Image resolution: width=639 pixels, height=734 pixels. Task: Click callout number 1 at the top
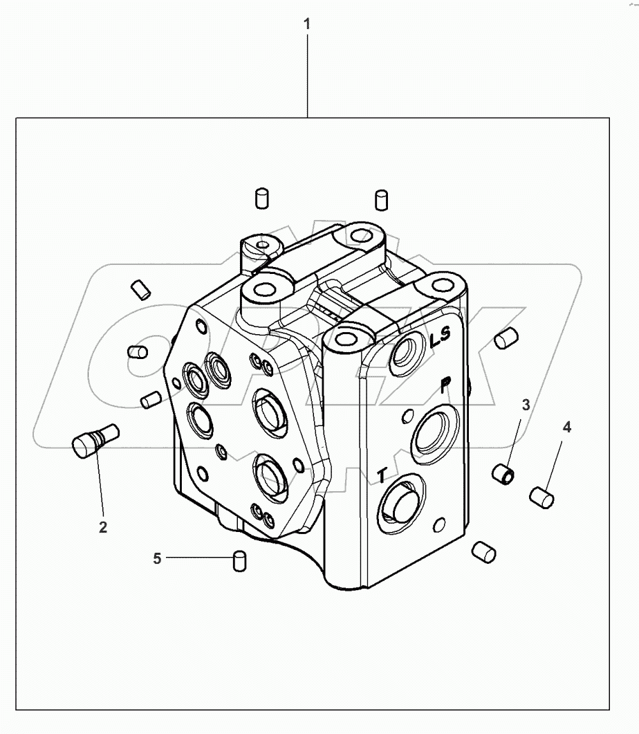(307, 24)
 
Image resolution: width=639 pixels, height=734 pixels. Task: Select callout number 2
(103, 527)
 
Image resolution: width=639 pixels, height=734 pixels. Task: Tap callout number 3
(526, 405)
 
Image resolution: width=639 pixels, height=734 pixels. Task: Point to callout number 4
(566, 428)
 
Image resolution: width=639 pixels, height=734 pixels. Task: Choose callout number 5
(157, 558)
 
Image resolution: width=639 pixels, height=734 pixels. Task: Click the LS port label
(440, 339)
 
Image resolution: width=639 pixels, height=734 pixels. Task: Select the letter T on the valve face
(381, 475)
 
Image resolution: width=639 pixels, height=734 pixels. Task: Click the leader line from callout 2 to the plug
(100, 484)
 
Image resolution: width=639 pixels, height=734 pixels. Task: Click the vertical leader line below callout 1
(307, 76)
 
